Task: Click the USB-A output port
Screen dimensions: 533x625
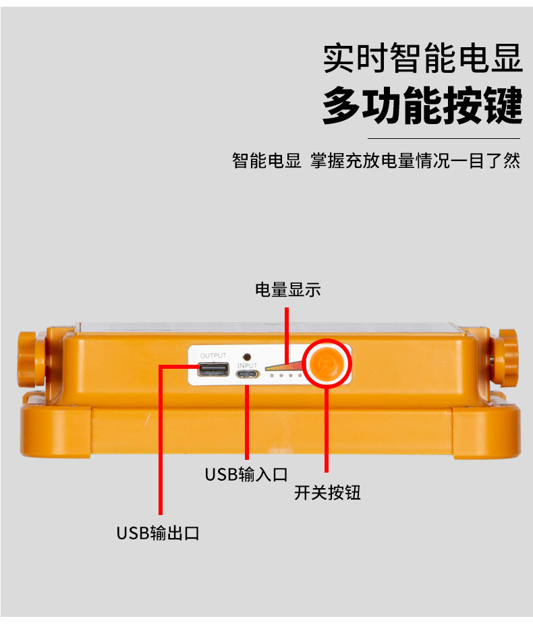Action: [213, 369]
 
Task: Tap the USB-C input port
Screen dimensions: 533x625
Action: [248, 374]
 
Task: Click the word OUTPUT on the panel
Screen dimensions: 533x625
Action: [213, 355]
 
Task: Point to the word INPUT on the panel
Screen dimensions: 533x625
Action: [248, 365]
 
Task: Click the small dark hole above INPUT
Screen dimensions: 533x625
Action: [247, 357]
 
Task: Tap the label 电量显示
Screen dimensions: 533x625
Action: [287, 290]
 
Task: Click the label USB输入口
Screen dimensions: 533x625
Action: [246, 475]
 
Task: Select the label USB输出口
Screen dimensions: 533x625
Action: [158, 533]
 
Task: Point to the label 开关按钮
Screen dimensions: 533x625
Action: [327, 493]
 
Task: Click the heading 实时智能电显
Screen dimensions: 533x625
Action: [422, 58]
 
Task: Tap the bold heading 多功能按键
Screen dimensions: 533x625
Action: [422, 105]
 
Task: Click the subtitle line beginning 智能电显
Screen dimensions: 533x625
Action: [376, 160]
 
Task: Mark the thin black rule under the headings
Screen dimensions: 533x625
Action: [444, 138]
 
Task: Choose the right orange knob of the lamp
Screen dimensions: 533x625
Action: [503, 357]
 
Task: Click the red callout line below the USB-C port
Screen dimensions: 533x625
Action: [247, 422]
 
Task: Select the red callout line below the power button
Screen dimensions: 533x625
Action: [327, 430]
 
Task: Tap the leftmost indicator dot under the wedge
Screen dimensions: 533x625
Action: [272, 376]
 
